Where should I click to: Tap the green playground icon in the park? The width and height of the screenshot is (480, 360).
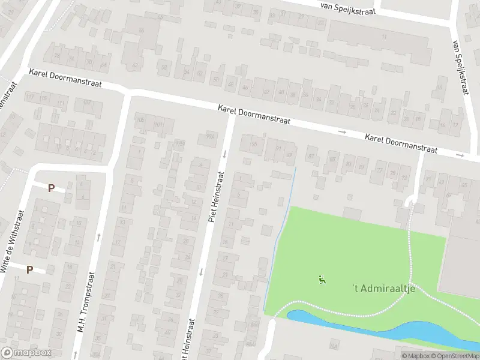(323, 279)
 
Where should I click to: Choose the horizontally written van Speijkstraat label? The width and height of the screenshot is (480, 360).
(349, 8)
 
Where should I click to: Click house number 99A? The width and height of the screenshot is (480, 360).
(210, 136)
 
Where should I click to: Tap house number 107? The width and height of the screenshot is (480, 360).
(88, 103)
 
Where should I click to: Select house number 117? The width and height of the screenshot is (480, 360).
(29, 97)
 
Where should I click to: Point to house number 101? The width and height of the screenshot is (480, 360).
(158, 124)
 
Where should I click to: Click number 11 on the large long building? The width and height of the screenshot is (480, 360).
(383, 37)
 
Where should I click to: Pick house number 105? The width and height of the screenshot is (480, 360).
(141, 120)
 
